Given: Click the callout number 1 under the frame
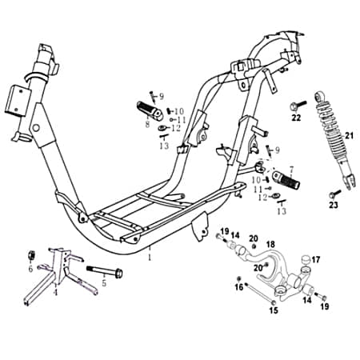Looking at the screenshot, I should (x=148, y=258).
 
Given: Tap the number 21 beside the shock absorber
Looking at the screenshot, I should (x=348, y=136).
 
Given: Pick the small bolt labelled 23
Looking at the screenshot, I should (x=333, y=193).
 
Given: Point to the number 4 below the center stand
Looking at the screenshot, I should (x=55, y=292).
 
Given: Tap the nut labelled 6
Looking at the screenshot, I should (x=26, y=255).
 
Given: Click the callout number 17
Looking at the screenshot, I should (x=316, y=259).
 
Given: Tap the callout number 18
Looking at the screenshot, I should (x=270, y=244).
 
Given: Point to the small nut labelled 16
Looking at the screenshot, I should (x=239, y=279).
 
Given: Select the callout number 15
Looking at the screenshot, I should (x=273, y=310).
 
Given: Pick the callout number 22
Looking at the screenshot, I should (x=296, y=118).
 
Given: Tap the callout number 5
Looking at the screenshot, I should (x=102, y=283).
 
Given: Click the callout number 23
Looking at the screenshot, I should (x=334, y=205).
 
